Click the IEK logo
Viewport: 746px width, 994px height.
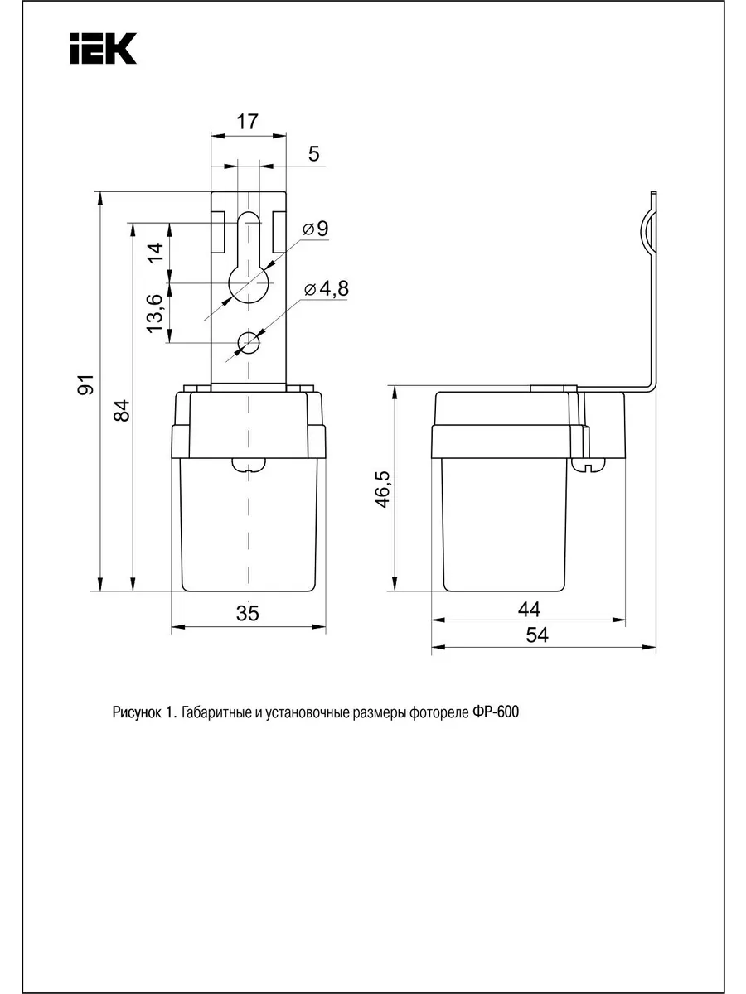tap(103, 48)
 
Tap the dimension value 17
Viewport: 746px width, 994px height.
tap(247, 122)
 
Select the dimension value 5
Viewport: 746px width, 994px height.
tap(313, 154)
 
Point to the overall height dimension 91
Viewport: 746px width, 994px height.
tap(85, 384)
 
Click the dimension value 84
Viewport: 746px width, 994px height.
tap(121, 410)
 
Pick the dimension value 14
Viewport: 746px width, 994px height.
tap(155, 252)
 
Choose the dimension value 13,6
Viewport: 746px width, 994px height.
tap(154, 313)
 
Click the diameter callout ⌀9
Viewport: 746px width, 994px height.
tap(316, 229)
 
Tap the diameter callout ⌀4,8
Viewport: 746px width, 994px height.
tap(327, 289)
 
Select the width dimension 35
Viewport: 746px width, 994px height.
tap(247, 613)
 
